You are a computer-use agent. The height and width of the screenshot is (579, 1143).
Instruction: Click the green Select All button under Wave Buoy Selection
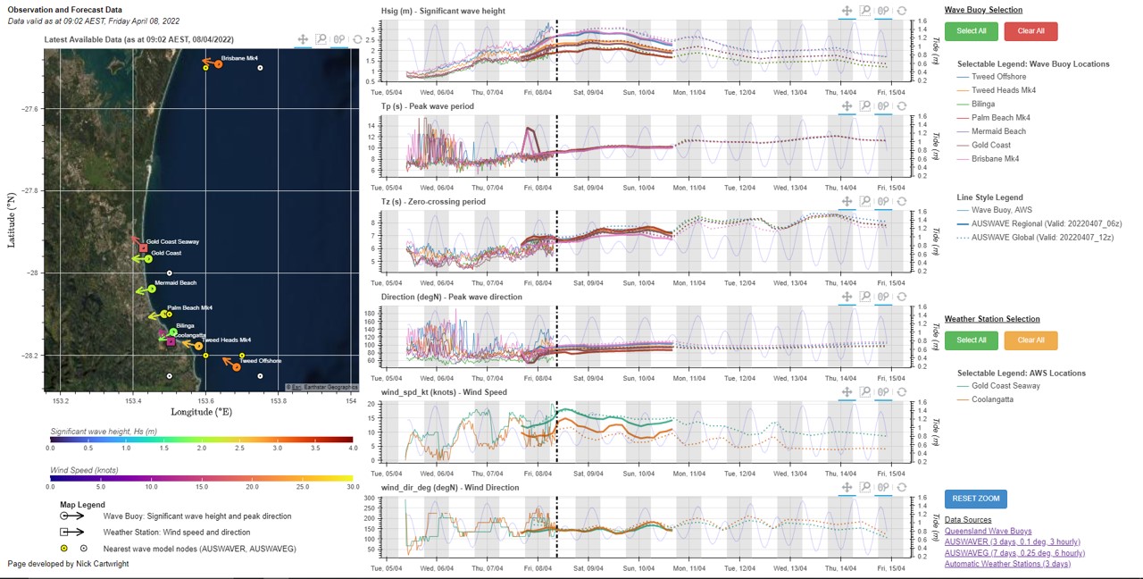pos(972,30)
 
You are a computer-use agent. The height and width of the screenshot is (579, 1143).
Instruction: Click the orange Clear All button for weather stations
pos(1030,340)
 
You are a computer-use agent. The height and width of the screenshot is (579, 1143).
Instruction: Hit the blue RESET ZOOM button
pos(975,499)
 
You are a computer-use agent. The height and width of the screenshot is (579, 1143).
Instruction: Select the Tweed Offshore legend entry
pos(998,77)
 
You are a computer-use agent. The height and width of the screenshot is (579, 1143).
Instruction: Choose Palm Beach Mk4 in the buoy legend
pos(1000,118)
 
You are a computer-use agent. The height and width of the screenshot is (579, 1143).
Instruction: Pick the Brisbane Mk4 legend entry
pos(995,159)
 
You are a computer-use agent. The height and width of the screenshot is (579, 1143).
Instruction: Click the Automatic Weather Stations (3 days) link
pos(1008,564)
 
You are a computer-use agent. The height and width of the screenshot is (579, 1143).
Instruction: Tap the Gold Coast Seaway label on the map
pos(172,242)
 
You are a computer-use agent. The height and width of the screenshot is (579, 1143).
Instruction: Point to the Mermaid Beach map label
pos(175,283)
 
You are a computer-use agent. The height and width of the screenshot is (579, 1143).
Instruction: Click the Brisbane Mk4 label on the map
pos(239,58)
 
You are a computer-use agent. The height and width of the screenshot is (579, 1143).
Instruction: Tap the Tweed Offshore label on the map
pos(260,361)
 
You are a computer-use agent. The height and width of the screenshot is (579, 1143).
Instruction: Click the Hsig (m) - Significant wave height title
pos(442,12)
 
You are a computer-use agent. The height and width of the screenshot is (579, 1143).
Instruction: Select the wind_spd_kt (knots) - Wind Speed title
pos(444,392)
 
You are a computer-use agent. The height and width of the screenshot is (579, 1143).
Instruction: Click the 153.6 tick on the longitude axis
pos(205,401)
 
